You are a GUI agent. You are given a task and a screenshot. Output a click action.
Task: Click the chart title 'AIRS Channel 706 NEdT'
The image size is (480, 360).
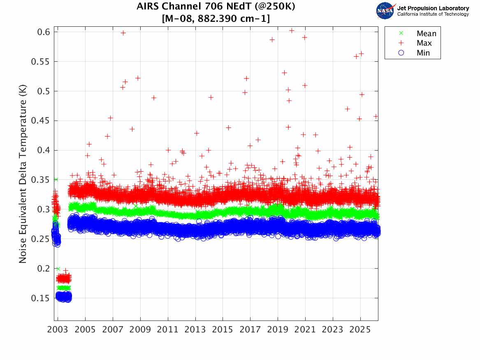pos(216,7)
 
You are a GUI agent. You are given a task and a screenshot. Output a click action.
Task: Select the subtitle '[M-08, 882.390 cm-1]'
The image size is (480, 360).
pos(216,19)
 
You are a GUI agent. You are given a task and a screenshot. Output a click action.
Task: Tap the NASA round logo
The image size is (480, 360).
pos(385,11)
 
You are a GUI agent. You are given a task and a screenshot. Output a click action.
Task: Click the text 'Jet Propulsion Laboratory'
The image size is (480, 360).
pos(433,8)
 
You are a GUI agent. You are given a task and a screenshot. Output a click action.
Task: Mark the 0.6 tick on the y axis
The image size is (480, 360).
pos(42,32)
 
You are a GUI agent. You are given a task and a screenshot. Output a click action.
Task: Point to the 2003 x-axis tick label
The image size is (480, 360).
pos(58,330)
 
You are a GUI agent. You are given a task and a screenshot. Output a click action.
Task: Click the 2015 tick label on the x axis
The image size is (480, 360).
pos(223,330)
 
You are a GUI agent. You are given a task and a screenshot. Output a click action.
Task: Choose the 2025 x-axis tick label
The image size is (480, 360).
pos(360,330)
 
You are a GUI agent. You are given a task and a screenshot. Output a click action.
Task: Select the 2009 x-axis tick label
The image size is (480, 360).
pos(140,330)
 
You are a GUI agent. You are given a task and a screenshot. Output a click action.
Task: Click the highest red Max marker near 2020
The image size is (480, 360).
pos(292,30)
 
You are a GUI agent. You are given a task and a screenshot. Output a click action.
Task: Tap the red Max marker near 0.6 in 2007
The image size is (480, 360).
pos(123,33)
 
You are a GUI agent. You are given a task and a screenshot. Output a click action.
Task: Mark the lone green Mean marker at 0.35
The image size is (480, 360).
pos(56,179)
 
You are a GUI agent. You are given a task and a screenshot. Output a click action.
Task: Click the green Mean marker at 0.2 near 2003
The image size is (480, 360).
pos(58,269)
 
